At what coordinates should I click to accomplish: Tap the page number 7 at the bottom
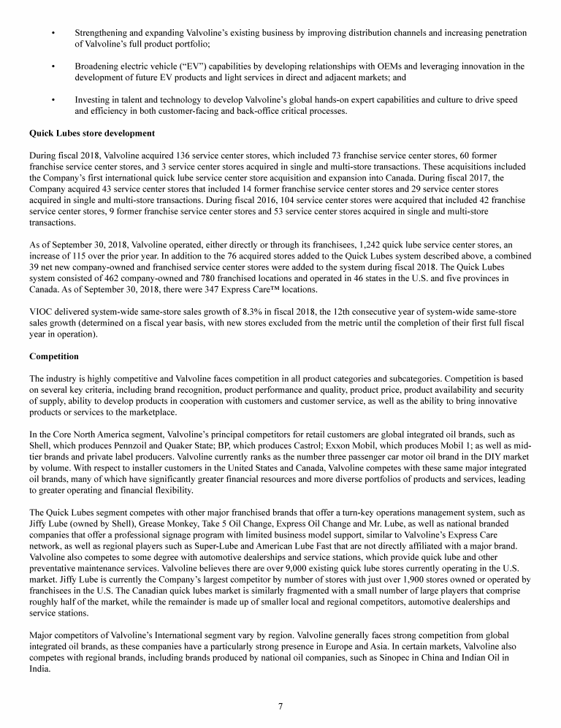pos(280,705)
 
